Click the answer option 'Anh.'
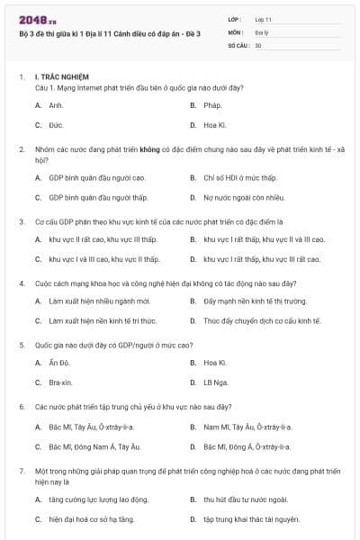56,105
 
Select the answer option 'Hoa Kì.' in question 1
214,124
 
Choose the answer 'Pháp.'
212,105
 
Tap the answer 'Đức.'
56,124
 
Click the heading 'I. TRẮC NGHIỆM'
61,77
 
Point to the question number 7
21,471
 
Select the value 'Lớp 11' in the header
264,19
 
